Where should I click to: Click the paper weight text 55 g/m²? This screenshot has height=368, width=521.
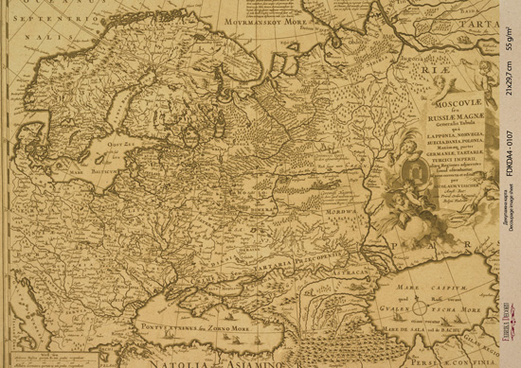[510, 41]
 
